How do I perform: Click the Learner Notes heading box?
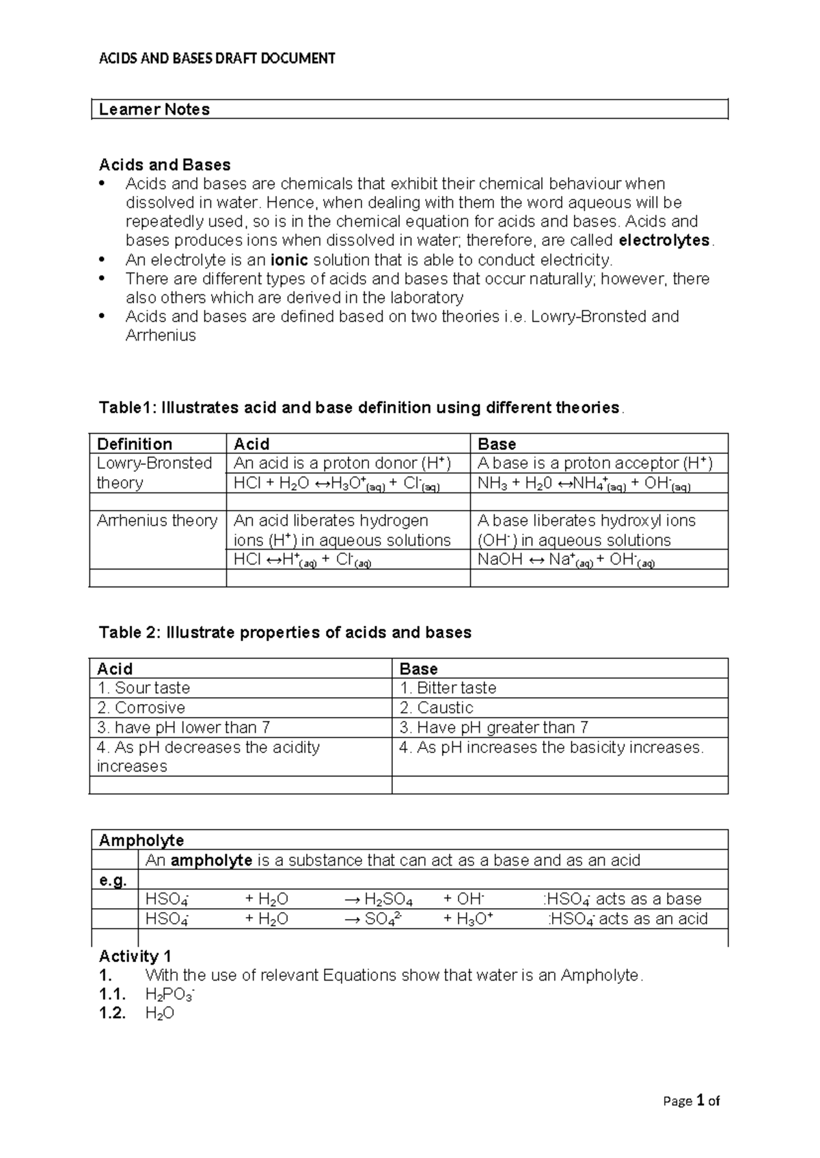pos(409,109)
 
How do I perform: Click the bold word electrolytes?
pos(664,240)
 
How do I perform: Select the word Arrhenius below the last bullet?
pos(161,335)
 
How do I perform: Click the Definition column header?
pos(135,444)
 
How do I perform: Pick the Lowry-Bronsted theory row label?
pos(154,472)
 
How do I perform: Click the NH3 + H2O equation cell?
pos(584,485)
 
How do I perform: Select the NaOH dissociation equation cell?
pos(566,561)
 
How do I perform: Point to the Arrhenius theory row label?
pos(156,521)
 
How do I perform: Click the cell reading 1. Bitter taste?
pos(448,688)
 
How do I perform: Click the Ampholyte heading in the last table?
pos(141,840)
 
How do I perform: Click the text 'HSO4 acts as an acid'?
pos(628,919)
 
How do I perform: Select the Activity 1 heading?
pos(135,956)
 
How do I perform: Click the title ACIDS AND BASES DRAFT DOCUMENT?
pos(217,59)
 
